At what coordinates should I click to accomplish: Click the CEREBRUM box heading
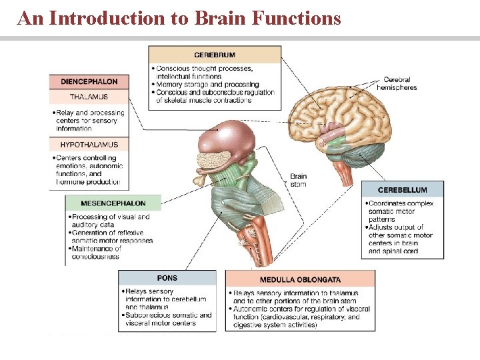214,55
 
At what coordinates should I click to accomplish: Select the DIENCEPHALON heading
89,81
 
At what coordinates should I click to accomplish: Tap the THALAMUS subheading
89,97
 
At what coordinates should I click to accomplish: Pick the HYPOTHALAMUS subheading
89,145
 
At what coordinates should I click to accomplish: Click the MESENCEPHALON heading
113,203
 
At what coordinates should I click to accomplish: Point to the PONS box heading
167,278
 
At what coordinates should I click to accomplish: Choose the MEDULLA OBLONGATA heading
300,279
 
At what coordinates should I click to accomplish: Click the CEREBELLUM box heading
403,190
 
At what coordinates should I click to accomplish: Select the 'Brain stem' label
298,180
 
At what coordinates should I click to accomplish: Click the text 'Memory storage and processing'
207,85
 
